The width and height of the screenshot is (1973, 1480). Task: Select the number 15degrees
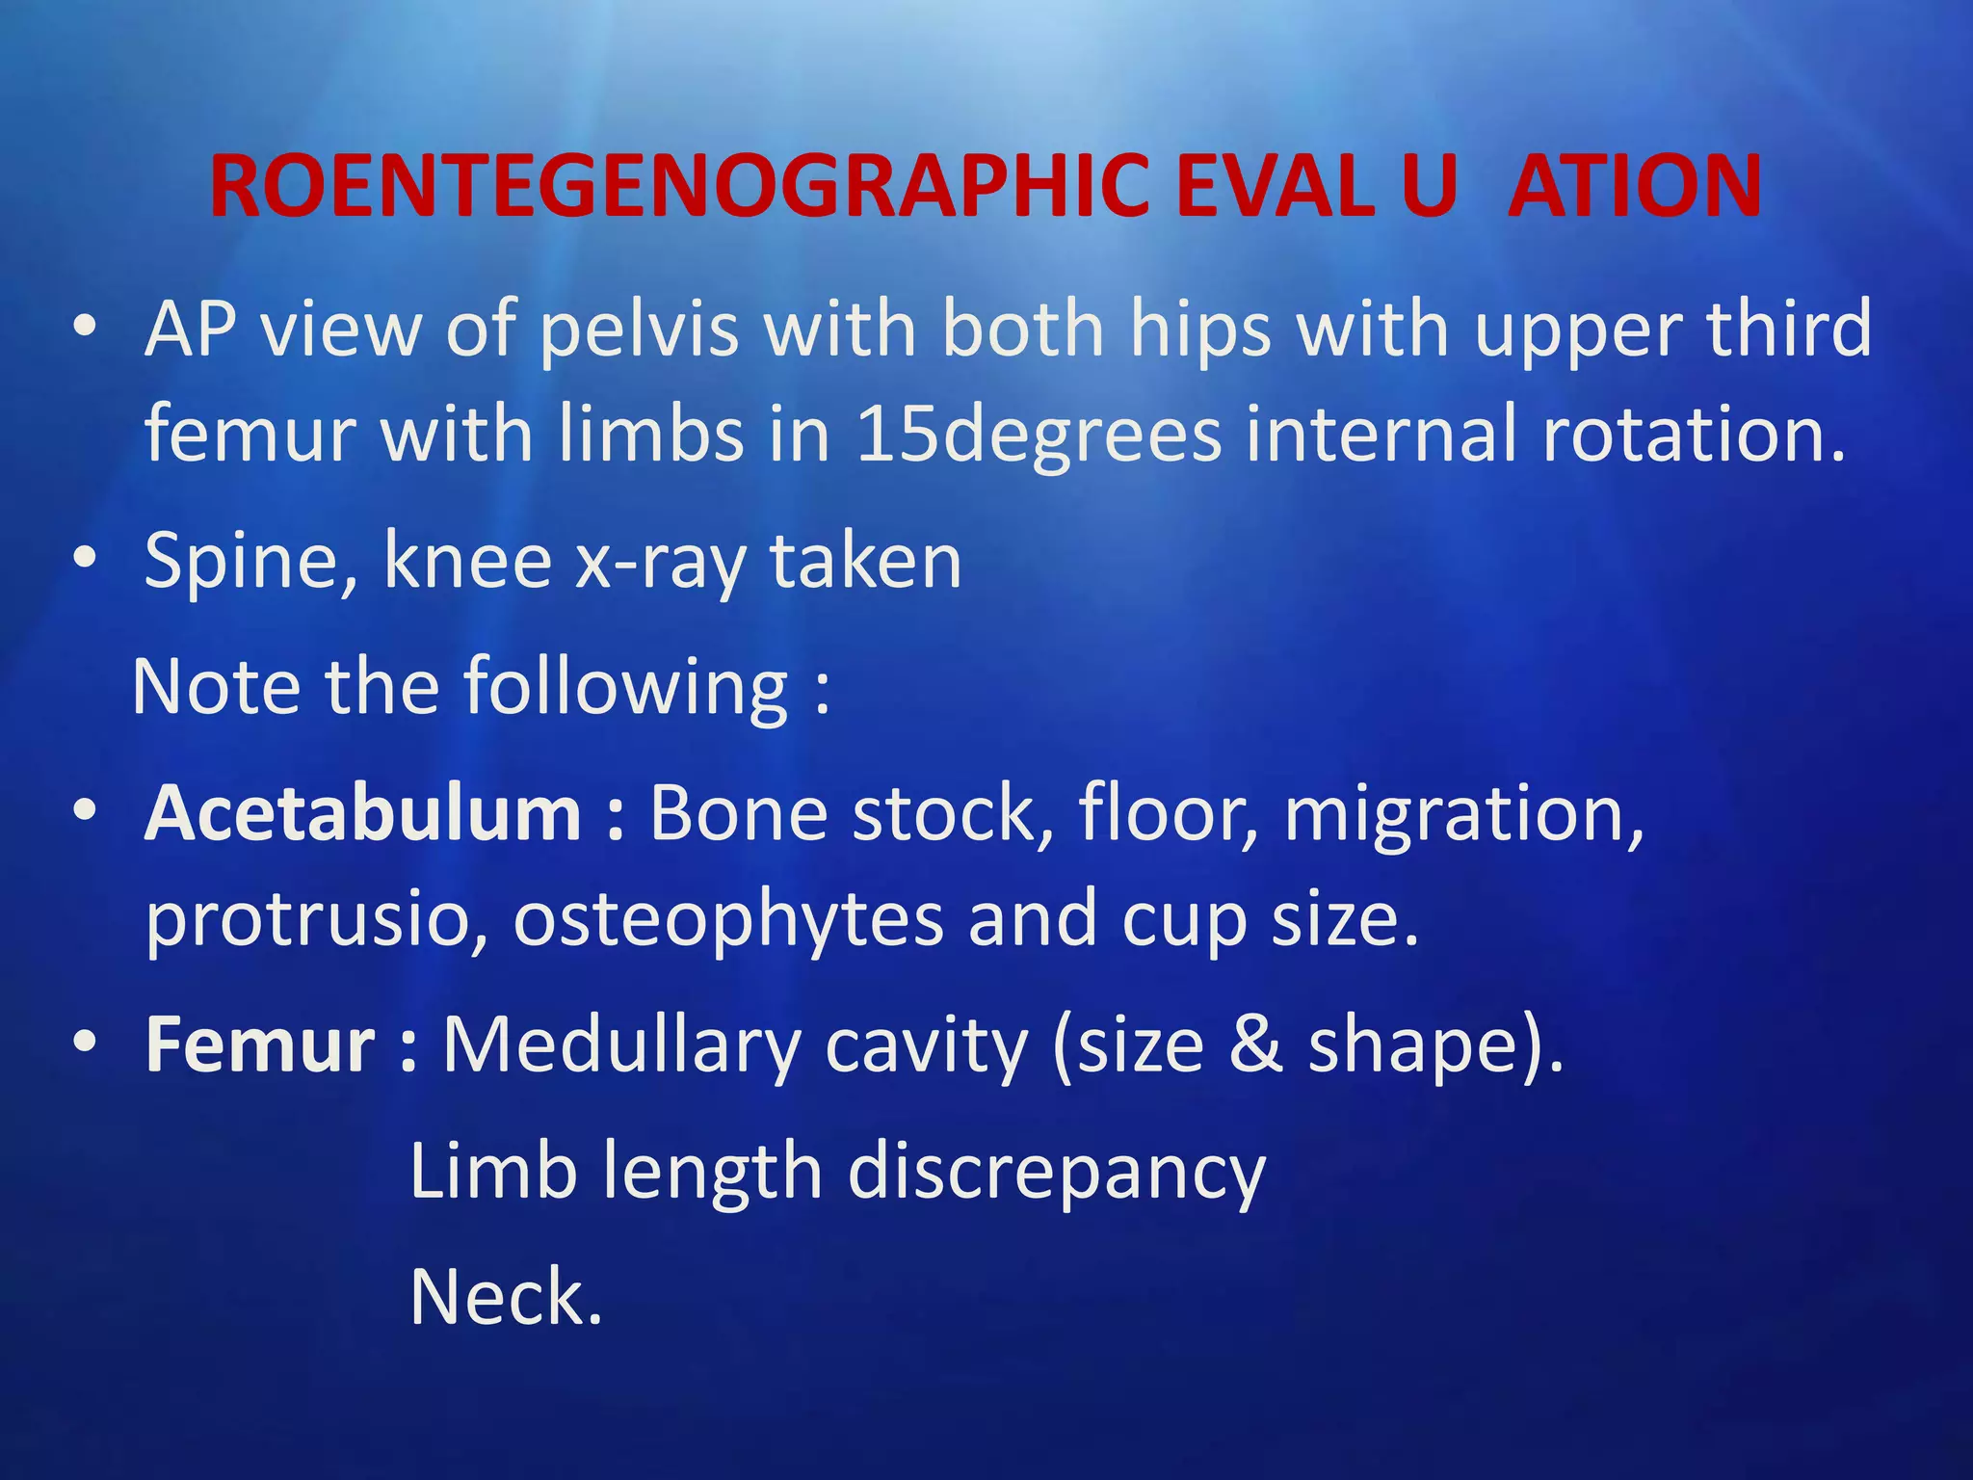[1039, 436]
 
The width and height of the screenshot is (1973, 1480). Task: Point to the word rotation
[1695, 436]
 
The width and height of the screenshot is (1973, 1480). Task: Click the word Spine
[250, 562]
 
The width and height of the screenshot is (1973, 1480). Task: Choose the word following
[626, 688]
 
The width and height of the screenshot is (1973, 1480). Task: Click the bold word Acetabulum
[363, 814]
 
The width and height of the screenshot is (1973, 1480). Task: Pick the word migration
[1463, 814]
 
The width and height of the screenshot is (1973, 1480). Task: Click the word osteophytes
[727, 920]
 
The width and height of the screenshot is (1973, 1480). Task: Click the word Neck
[505, 1298]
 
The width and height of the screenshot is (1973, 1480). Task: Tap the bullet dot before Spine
[86, 557]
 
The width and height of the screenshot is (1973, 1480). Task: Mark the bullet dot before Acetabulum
[86, 810]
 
